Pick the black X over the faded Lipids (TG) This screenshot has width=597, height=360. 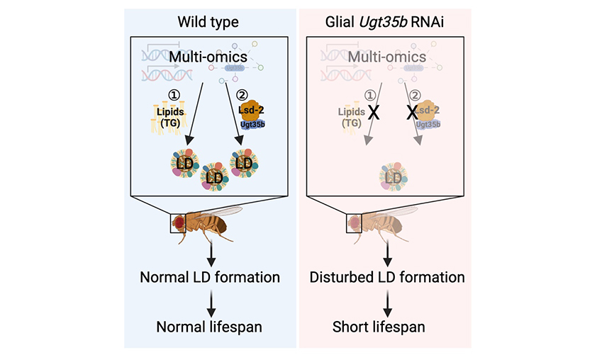click(x=370, y=113)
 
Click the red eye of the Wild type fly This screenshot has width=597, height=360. click(x=179, y=223)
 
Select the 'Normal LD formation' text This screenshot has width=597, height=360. click(x=210, y=276)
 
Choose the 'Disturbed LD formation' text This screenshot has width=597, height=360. click(x=387, y=276)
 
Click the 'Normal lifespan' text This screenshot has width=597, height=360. click(x=210, y=327)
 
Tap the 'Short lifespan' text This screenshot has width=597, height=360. click(x=387, y=327)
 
